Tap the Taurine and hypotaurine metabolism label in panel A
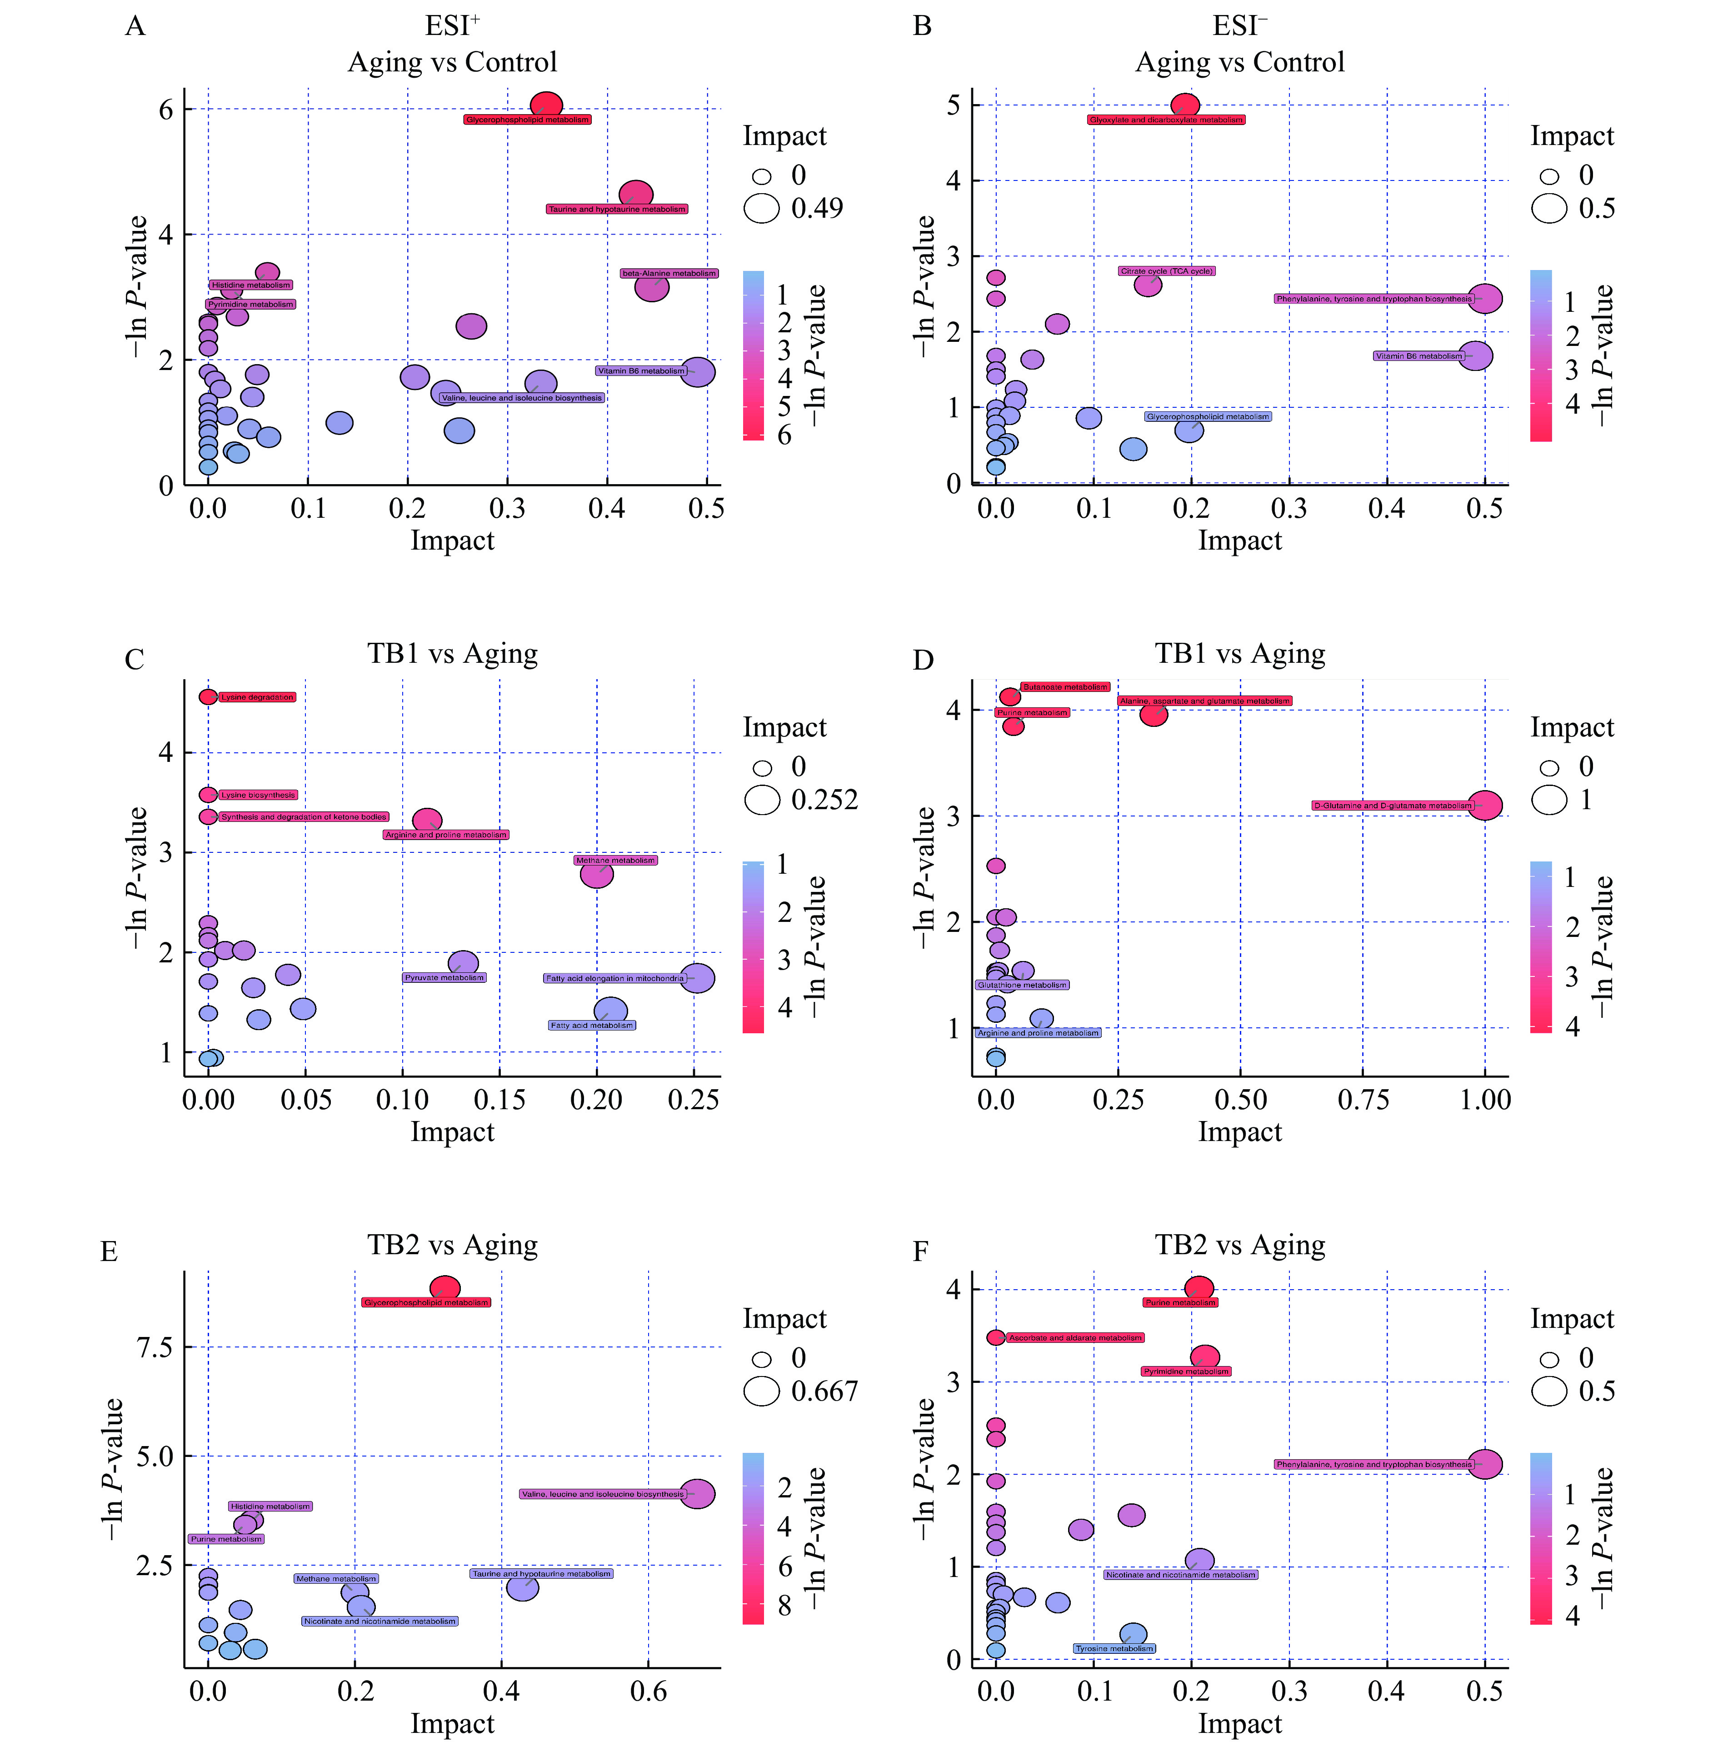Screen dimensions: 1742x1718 (617, 209)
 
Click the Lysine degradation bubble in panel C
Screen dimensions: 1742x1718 (208, 697)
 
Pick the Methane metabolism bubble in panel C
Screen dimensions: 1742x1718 (597, 874)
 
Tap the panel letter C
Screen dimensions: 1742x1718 (134, 660)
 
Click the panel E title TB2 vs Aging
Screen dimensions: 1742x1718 (453, 1245)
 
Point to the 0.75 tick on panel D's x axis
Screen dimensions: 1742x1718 (1363, 1100)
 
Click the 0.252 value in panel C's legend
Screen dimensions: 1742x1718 (824, 800)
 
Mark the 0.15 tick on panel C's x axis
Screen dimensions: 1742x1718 (499, 1100)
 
